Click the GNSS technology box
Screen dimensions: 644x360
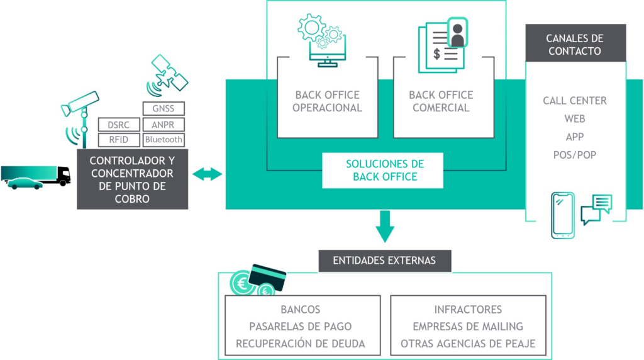click(x=164, y=108)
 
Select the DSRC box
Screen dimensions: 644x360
click(x=119, y=125)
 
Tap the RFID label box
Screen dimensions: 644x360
click(x=119, y=140)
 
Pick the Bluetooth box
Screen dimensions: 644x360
click(x=164, y=140)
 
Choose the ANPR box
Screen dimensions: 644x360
click(x=164, y=125)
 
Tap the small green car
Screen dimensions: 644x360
click(x=25, y=183)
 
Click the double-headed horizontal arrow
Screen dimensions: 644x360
click(x=207, y=174)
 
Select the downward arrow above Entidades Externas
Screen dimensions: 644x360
click(x=385, y=227)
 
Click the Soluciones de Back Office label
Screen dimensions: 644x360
click(x=385, y=170)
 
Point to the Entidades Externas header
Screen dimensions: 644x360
click(x=385, y=261)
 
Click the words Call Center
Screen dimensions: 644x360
click(x=575, y=101)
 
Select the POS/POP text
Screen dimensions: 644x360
click(x=575, y=155)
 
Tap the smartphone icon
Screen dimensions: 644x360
click(x=563, y=215)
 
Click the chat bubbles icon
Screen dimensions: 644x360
click(x=596, y=209)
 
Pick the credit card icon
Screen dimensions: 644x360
click(x=267, y=278)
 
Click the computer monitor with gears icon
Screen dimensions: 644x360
click(x=323, y=40)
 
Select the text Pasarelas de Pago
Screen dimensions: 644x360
click(x=300, y=327)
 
